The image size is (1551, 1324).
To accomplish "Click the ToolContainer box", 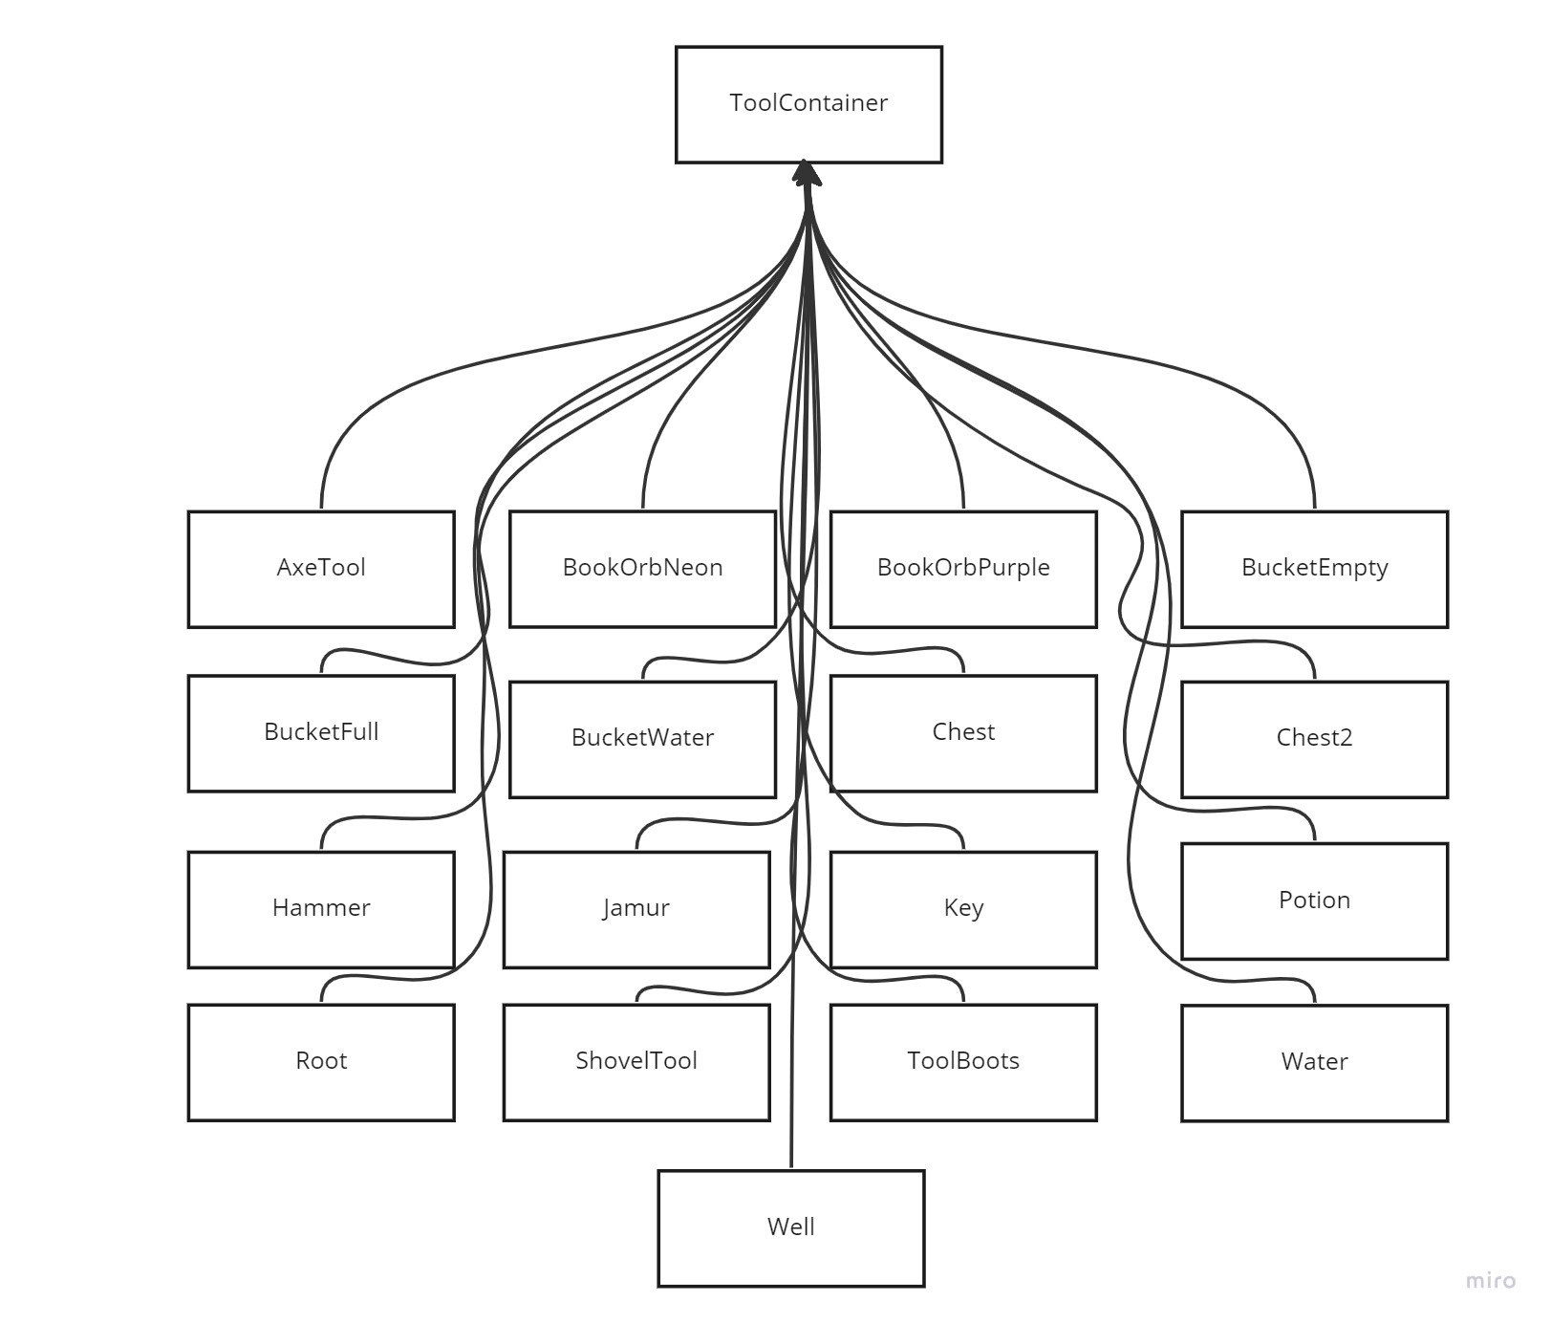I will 808,104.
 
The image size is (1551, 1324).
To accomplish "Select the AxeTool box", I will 321,569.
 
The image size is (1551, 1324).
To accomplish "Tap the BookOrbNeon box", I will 642,569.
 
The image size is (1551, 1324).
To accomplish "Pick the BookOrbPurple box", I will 963,569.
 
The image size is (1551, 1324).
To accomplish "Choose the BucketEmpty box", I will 1314,569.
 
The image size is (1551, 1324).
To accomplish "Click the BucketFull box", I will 321,733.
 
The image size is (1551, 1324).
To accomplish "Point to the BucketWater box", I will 642,739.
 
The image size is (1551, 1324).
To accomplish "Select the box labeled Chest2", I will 1314,739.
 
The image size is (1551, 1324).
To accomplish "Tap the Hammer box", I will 321,909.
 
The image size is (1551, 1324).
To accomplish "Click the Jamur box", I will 636,909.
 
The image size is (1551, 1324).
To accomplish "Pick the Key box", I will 963,909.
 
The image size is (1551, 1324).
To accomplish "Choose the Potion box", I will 1314,901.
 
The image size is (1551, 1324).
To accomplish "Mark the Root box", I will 321,1062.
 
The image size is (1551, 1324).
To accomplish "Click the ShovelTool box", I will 636,1062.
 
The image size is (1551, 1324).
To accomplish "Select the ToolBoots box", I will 963,1062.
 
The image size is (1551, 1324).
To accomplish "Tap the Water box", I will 1314,1062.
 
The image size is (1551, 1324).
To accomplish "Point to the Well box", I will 791,1228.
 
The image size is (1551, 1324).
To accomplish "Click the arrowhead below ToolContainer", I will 807,173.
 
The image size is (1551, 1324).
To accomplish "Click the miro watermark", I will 1490,1280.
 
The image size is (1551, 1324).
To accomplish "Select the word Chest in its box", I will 963,732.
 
